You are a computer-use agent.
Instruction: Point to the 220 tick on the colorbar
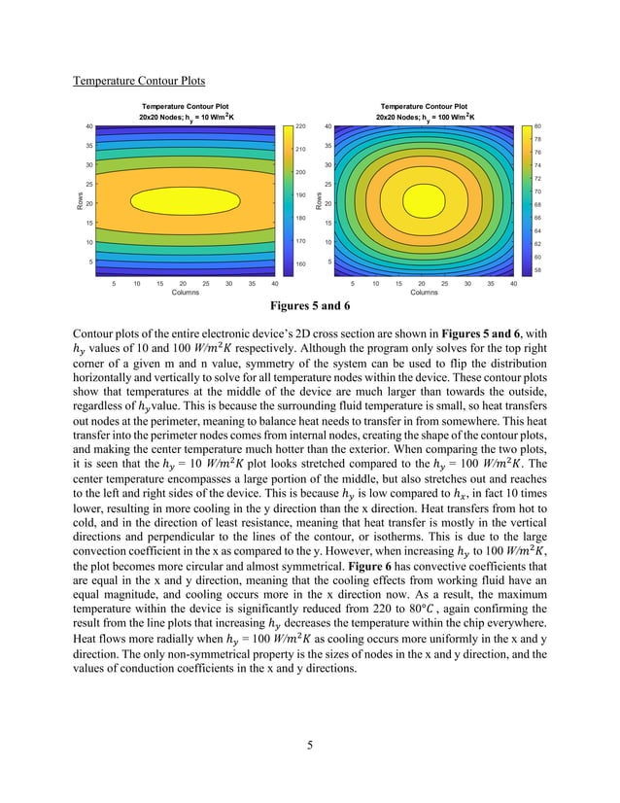(300, 127)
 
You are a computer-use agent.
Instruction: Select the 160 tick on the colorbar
(300, 263)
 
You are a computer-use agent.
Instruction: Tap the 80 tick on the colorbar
(537, 127)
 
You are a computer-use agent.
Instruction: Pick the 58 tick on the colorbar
(537, 269)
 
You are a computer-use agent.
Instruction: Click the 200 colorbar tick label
(300, 172)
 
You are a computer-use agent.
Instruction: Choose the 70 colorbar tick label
(537, 192)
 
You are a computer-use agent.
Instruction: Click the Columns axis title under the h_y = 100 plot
(424, 292)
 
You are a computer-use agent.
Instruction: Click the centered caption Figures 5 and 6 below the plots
(310, 307)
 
